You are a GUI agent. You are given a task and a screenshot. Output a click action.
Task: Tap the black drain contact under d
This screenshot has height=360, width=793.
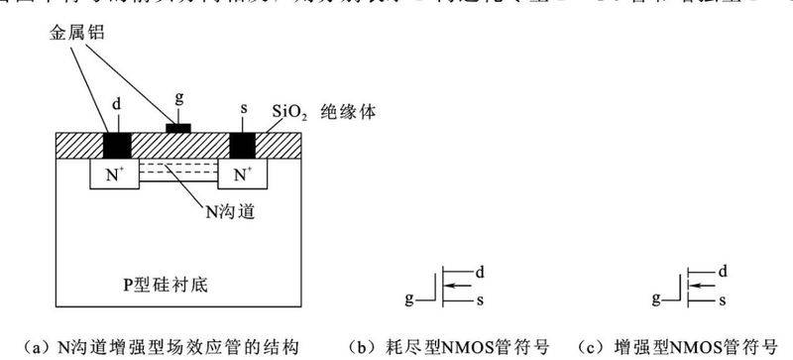tap(117, 145)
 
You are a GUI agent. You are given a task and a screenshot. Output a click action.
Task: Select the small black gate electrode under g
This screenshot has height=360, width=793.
tap(179, 128)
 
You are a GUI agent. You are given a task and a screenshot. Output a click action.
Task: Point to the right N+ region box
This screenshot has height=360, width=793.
tap(243, 177)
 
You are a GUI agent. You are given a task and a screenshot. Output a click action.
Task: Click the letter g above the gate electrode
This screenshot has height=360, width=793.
tap(178, 100)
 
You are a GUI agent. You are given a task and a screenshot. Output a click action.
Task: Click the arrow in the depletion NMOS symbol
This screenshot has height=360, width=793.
tap(458, 285)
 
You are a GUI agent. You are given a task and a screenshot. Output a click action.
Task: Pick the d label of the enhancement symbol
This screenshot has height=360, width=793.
tap(724, 271)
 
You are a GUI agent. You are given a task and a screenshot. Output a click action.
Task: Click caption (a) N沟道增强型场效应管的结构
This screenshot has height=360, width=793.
tap(159, 346)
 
